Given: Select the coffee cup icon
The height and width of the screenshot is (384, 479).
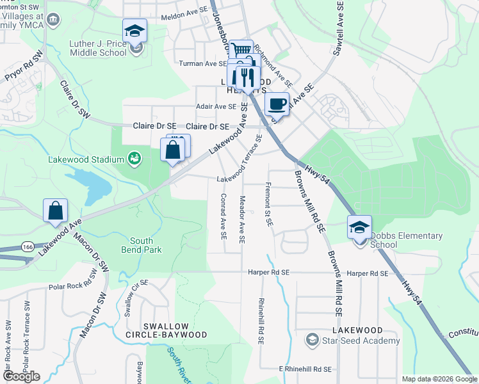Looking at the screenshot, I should coord(277,104).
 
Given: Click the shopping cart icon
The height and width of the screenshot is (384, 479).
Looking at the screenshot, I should coord(241,51).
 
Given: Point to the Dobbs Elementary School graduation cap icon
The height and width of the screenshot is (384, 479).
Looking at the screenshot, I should coord(359,227).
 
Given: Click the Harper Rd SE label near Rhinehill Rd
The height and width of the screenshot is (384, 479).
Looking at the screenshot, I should coord(270,273).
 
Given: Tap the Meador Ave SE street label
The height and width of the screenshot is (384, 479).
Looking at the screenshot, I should coord(242,220).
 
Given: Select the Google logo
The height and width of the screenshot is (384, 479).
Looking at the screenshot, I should coord(21,376).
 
